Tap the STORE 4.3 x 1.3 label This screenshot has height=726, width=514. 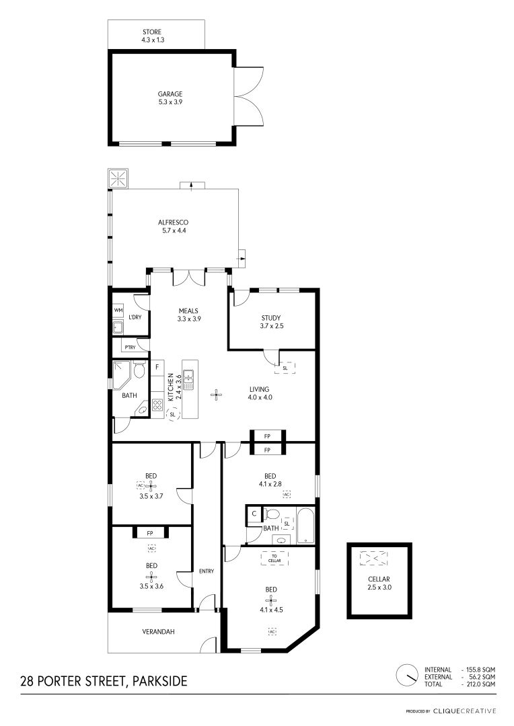[x=153, y=36]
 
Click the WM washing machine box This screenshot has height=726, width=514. [x=118, y=310]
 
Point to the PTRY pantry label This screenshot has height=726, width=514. [x=131, y=348]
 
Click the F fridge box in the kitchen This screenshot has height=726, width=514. [x=157, y=367]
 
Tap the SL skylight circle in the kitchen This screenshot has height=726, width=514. [x=172, y=414]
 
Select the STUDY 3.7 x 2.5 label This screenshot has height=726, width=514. [x=271, y=322]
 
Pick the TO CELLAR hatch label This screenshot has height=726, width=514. [x=274, y=559]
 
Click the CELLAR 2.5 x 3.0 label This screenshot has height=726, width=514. [x=379, y=583]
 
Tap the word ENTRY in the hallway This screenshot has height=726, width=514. [x=207, y=571]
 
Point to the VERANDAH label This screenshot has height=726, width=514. [x=159, y=631]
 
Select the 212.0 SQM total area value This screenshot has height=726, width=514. [x=480, y=684]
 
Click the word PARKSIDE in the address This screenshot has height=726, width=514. [x=160, y=681]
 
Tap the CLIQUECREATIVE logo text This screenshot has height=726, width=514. [x=465, y=711]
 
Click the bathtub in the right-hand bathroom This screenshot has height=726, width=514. [x=306, y=526]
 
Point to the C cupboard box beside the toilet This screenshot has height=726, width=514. [x=254, y=514]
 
